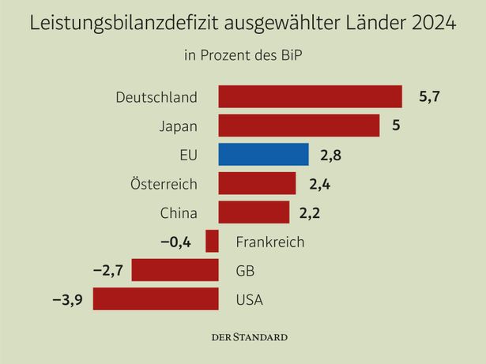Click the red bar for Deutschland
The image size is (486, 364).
310,96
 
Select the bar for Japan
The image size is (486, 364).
299,126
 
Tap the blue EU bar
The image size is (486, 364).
263,155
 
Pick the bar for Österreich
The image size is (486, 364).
257,183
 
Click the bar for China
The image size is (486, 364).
254,212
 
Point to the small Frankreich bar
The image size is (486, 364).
212,242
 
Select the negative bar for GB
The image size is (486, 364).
175,270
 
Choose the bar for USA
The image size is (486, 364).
156,299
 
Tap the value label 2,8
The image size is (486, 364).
332,155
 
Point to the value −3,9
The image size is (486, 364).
69,299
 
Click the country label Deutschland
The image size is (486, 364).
156,97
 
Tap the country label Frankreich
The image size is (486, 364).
269,242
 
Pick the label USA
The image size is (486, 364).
250,299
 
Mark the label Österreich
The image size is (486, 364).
163,184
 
